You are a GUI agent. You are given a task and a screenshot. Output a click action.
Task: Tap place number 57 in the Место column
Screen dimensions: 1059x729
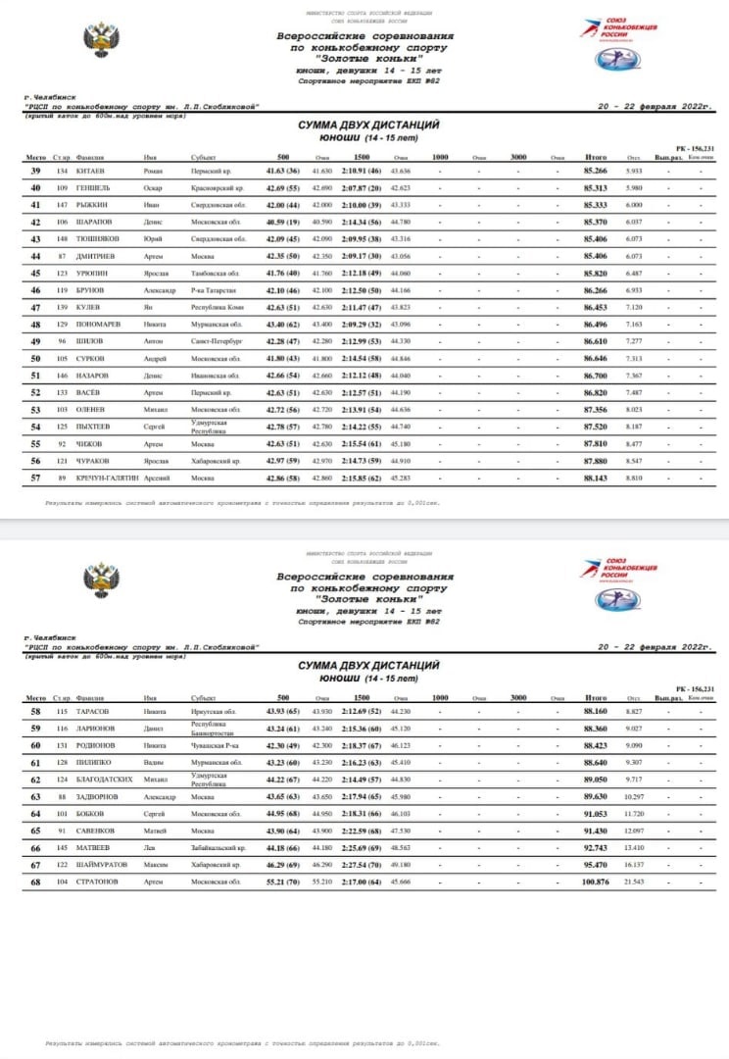click(35, 479)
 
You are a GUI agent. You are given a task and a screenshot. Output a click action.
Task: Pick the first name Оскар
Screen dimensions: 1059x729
click(152, 188)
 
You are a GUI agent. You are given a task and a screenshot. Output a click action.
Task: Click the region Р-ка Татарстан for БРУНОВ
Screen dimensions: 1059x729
click(216, 291)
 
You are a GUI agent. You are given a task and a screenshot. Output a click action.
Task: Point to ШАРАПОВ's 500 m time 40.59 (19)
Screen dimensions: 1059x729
click(283, 223)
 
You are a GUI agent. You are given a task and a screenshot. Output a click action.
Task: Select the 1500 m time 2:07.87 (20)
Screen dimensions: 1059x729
click(362, 188)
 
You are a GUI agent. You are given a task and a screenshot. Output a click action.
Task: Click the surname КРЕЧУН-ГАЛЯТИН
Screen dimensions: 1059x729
click(107, 479)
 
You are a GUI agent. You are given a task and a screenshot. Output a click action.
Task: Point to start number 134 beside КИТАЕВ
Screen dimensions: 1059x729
click(61, 172)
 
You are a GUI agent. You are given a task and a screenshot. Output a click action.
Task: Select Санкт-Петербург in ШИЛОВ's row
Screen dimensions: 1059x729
click(217, 342)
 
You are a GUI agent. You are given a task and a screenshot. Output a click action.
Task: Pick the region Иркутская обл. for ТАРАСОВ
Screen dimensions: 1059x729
click(213, 712)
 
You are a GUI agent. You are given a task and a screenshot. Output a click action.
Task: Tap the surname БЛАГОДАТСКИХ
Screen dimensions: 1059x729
click(105, 781)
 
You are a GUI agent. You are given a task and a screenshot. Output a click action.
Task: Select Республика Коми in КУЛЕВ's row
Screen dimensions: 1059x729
click(217, 308)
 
